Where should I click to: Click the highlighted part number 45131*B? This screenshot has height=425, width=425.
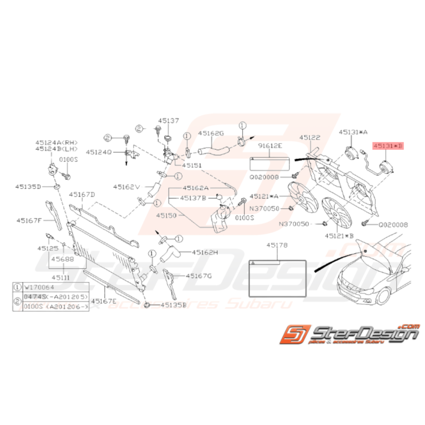[x=388, y=147]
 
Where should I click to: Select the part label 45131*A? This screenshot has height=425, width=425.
[x=353, y=132]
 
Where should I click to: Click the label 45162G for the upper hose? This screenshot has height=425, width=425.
[x=211, y=133]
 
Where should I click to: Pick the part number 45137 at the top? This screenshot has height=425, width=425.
[x=169, y=121]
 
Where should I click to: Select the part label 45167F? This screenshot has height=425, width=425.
[x=29, y=220]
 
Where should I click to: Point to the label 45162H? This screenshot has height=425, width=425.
[x=205, y=252]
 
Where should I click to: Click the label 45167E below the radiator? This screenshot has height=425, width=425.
[x=104, y=301]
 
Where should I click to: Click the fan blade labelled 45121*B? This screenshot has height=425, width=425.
[x=336, y=212]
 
